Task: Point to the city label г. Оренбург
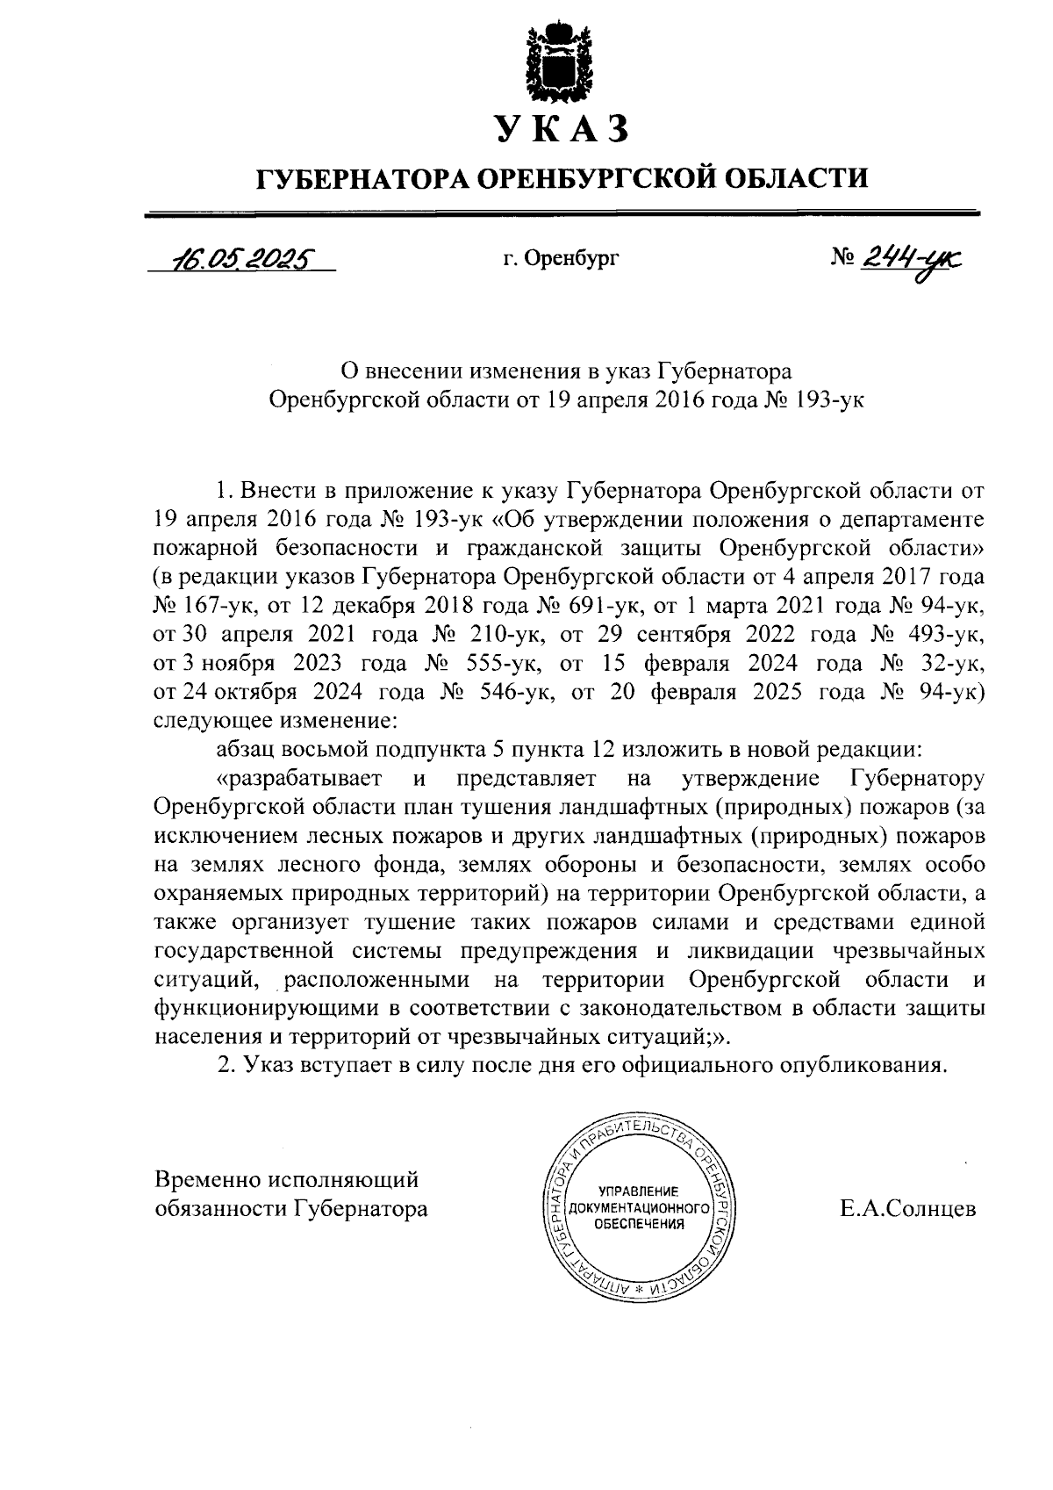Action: point(562,259)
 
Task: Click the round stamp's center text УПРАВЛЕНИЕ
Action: point(638,1191)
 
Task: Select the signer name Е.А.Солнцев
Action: point(907,1209)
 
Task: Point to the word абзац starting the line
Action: point(244,749)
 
